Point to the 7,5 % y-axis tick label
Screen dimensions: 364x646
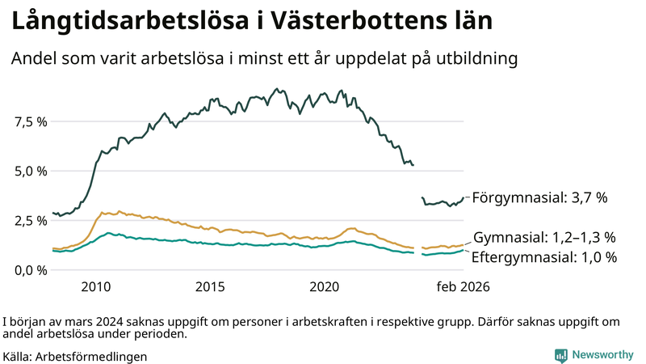click(x=31, y=121)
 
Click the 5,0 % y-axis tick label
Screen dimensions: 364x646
click(x=31, y=171)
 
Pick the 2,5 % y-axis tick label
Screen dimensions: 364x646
click(x=31, y=220)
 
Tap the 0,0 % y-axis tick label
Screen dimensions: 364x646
click(x=31, y=269)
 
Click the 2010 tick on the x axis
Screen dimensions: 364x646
click(x=95, y=286)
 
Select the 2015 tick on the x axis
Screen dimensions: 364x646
click(x=210, y=286)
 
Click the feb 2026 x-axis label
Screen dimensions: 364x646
click(x=463, y=286)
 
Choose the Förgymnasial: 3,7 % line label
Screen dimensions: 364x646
click(x=539, y=197)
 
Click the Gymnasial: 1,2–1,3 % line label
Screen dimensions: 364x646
click(x=544, y=237)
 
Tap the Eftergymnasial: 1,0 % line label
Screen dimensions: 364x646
click(x=544, y=257)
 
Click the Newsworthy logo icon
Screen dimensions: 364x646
click(x=560, y=355)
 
